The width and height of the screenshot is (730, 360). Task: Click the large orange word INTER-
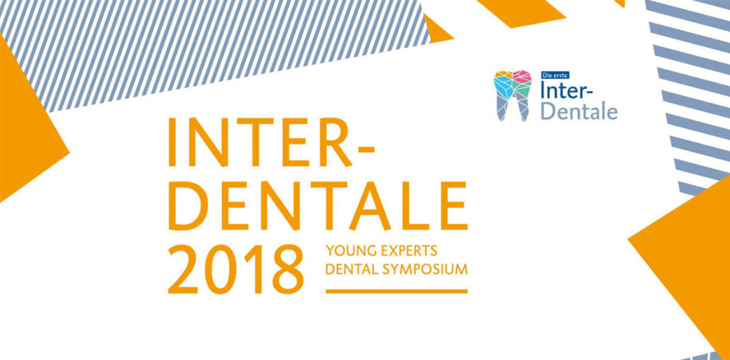pos(271,142)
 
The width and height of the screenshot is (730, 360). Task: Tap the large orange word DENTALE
pos(317,205)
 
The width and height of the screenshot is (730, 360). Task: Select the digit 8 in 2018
pos(288,269)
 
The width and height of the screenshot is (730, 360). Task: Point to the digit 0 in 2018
pos(220,269)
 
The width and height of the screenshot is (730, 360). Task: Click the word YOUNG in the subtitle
pos(352,251)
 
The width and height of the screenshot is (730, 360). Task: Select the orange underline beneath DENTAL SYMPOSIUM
pos(397,291)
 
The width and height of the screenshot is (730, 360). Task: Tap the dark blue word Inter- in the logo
pos(566,90)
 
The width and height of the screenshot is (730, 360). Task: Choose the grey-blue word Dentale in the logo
pos(580,111)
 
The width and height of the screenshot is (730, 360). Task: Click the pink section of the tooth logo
pos(522,76)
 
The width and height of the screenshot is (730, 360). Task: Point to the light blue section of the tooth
pos(504,85)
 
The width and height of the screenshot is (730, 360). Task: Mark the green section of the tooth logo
pos(524,90)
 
